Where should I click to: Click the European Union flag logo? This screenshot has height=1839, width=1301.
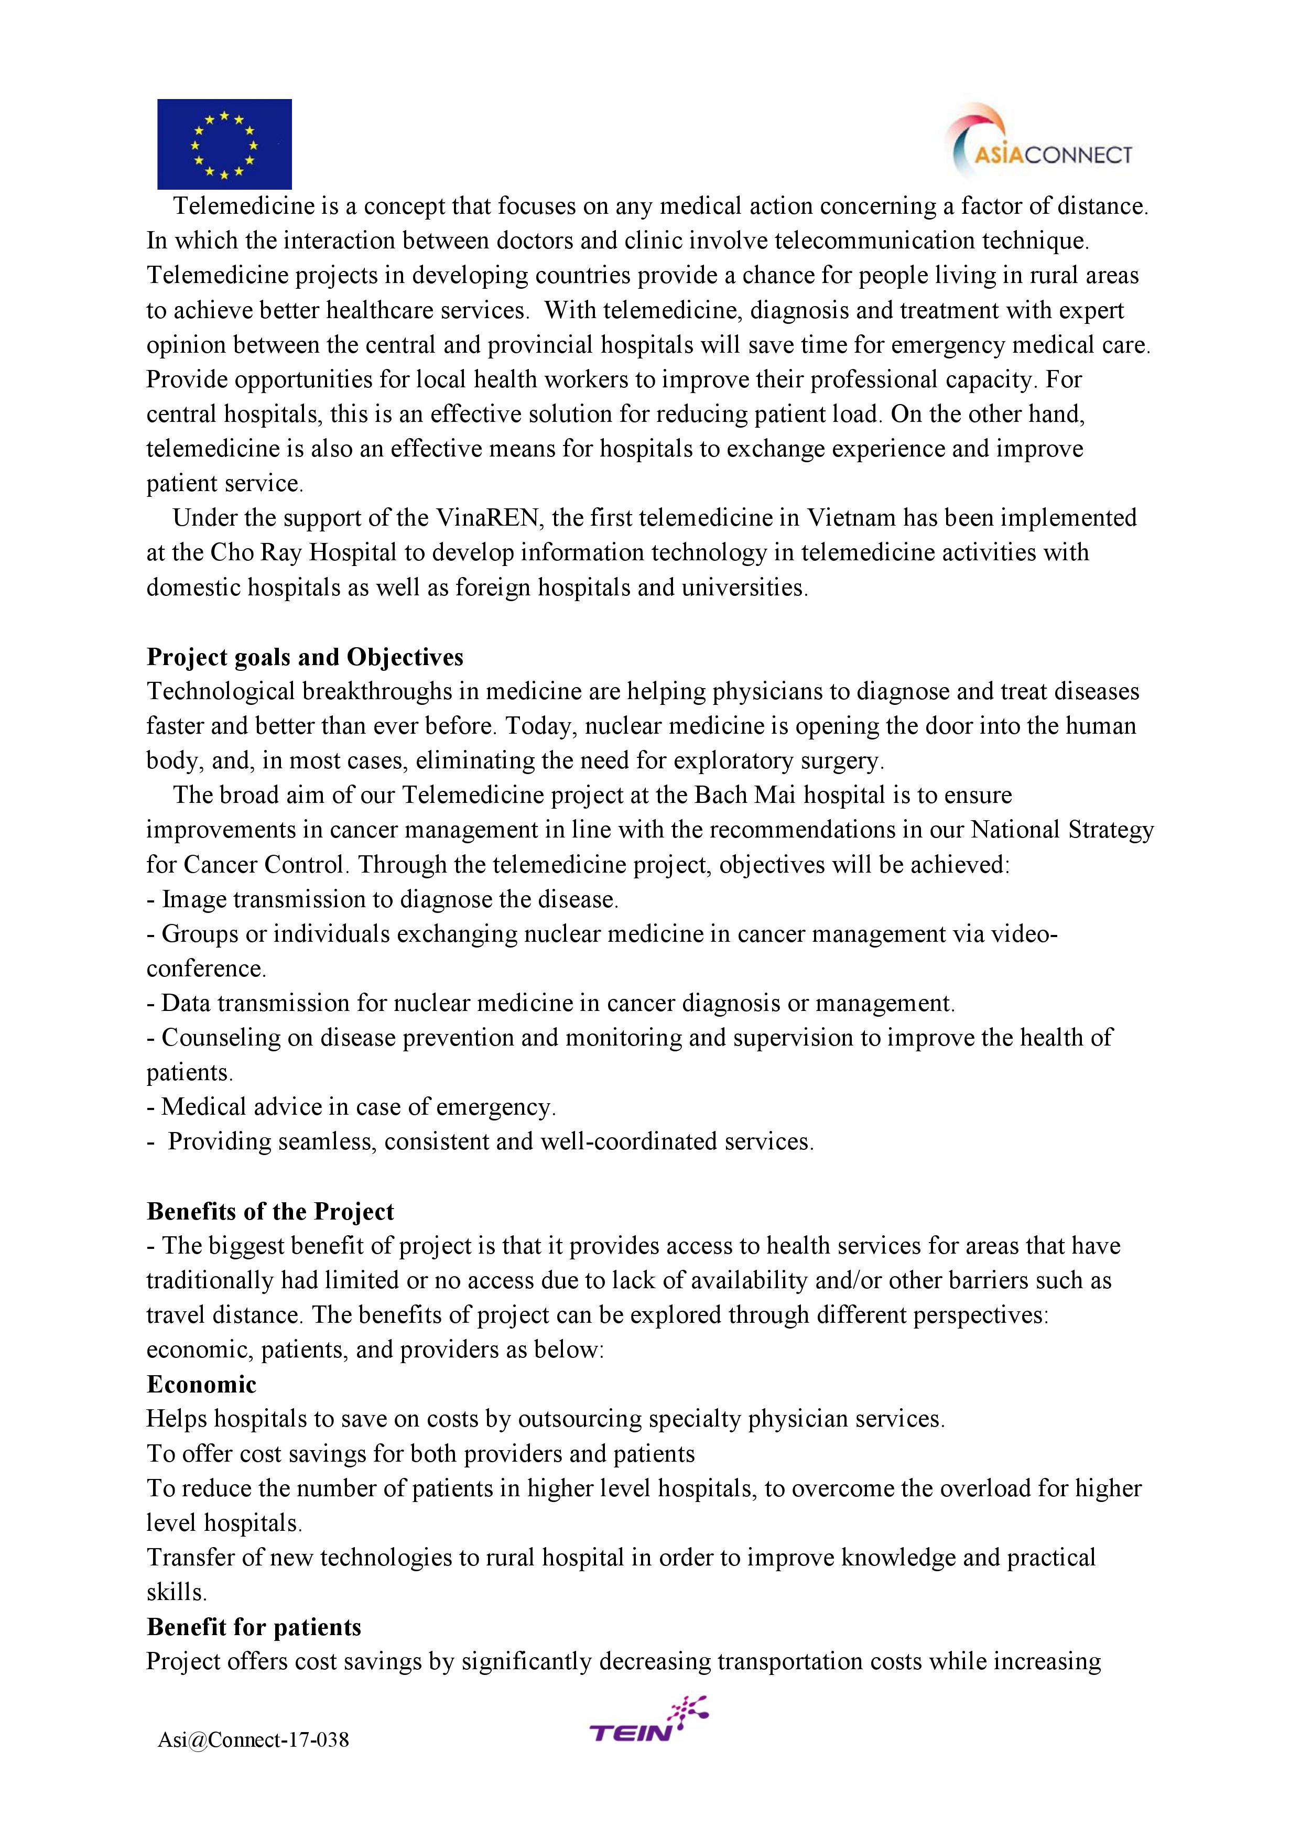[224, 144]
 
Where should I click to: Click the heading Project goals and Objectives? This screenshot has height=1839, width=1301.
[305, 657]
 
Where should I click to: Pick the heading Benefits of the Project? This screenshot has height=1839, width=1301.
[270, 1211]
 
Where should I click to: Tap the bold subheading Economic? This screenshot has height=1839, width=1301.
[201, 1384]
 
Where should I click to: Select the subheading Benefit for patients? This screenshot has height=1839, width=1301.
[253, 1627]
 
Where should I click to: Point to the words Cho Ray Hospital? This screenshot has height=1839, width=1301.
[303, 553]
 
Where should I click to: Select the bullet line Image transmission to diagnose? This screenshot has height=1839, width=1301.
[382, 899]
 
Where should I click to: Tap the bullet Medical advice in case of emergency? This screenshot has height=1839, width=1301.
[351, 1107]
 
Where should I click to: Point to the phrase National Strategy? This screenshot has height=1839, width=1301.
[1061, 830]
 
